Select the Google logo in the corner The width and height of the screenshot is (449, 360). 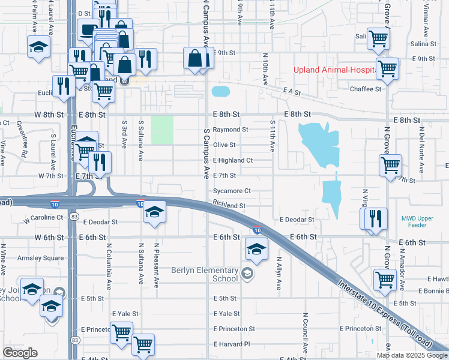[20, 353]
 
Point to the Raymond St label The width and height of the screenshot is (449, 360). [231, 130]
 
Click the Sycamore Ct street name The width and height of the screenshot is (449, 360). [231, 191]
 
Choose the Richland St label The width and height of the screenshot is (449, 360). [229, 206]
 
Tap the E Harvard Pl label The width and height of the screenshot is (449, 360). [231, 344]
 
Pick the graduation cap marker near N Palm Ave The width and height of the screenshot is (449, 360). [38, 46]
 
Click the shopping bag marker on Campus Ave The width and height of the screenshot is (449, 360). [196, 59]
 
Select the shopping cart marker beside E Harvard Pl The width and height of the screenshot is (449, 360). [143, 344]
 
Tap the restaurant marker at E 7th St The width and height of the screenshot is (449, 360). [100, 162]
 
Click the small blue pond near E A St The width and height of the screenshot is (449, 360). [221, 92]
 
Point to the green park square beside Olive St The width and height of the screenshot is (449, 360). [162, 130]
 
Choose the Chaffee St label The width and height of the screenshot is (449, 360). [366, 89]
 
